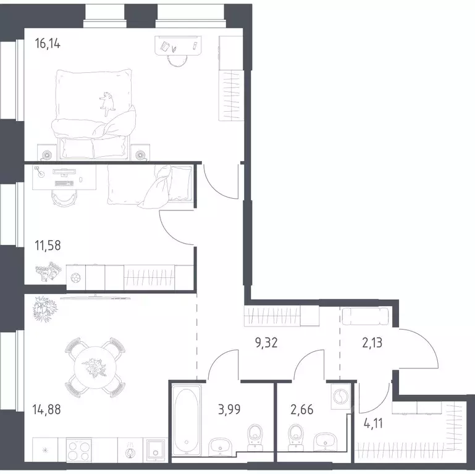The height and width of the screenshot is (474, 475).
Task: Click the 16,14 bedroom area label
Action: click(x=48, y=44)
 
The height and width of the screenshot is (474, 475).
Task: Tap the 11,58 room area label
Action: click(x=48, y=246)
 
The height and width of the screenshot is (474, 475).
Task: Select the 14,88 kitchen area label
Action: click(x=46, y=410)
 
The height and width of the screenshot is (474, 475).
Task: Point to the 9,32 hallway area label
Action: click(x=266, y=343)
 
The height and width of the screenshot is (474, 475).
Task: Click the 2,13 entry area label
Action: click(x=372, y=343)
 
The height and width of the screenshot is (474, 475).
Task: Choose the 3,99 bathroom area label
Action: click(x=229, y=410)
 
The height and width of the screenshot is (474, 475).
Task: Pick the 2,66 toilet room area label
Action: click(x=301, y=410)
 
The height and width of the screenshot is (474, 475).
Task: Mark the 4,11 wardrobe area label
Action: click(x=373, y=423)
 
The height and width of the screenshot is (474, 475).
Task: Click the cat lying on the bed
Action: click(x=107, y=104)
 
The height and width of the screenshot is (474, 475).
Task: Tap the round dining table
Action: click(x=95, y=367)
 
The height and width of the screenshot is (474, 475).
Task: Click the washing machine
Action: click(x=341, y=396)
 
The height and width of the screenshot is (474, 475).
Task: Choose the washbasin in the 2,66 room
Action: click(x=326, y=441)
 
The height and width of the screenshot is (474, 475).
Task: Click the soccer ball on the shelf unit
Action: click(x=76, y=278)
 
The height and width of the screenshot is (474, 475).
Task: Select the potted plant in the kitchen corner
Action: click(x=45, y=309)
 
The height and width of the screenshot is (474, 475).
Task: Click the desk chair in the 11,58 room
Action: click(x=64, y=198)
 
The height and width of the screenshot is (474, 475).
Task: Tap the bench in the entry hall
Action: click(x=365, y=316)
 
